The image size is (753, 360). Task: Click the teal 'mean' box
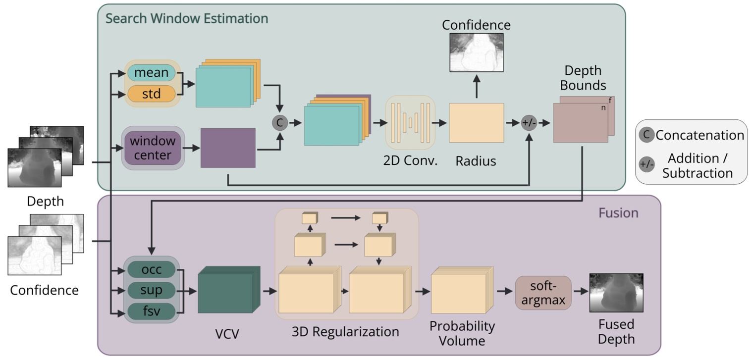pos(151,73)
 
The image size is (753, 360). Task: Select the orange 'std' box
pos(151,94)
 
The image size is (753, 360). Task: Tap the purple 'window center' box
pos(153,148)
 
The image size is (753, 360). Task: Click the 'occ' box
pos(151,270)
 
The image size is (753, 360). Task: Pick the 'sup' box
pos(151,291)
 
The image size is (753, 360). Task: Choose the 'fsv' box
pos(151,311)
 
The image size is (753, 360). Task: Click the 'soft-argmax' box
pos(543,293)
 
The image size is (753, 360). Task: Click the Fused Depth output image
pos(616,293)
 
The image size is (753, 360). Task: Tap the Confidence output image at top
pos(476,52)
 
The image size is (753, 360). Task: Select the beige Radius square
pos(476,123)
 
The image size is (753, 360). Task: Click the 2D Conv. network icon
pos(410,123)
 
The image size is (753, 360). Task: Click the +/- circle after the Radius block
pos(529,123)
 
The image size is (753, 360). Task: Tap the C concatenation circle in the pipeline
pos(279,123)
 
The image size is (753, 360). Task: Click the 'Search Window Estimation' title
pos(187,19)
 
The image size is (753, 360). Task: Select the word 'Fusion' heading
pos(618,213)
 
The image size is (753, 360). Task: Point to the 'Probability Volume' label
pos(462,333)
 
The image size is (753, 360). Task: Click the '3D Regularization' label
pos(347,331)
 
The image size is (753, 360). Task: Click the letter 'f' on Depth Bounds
pos(610,100)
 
